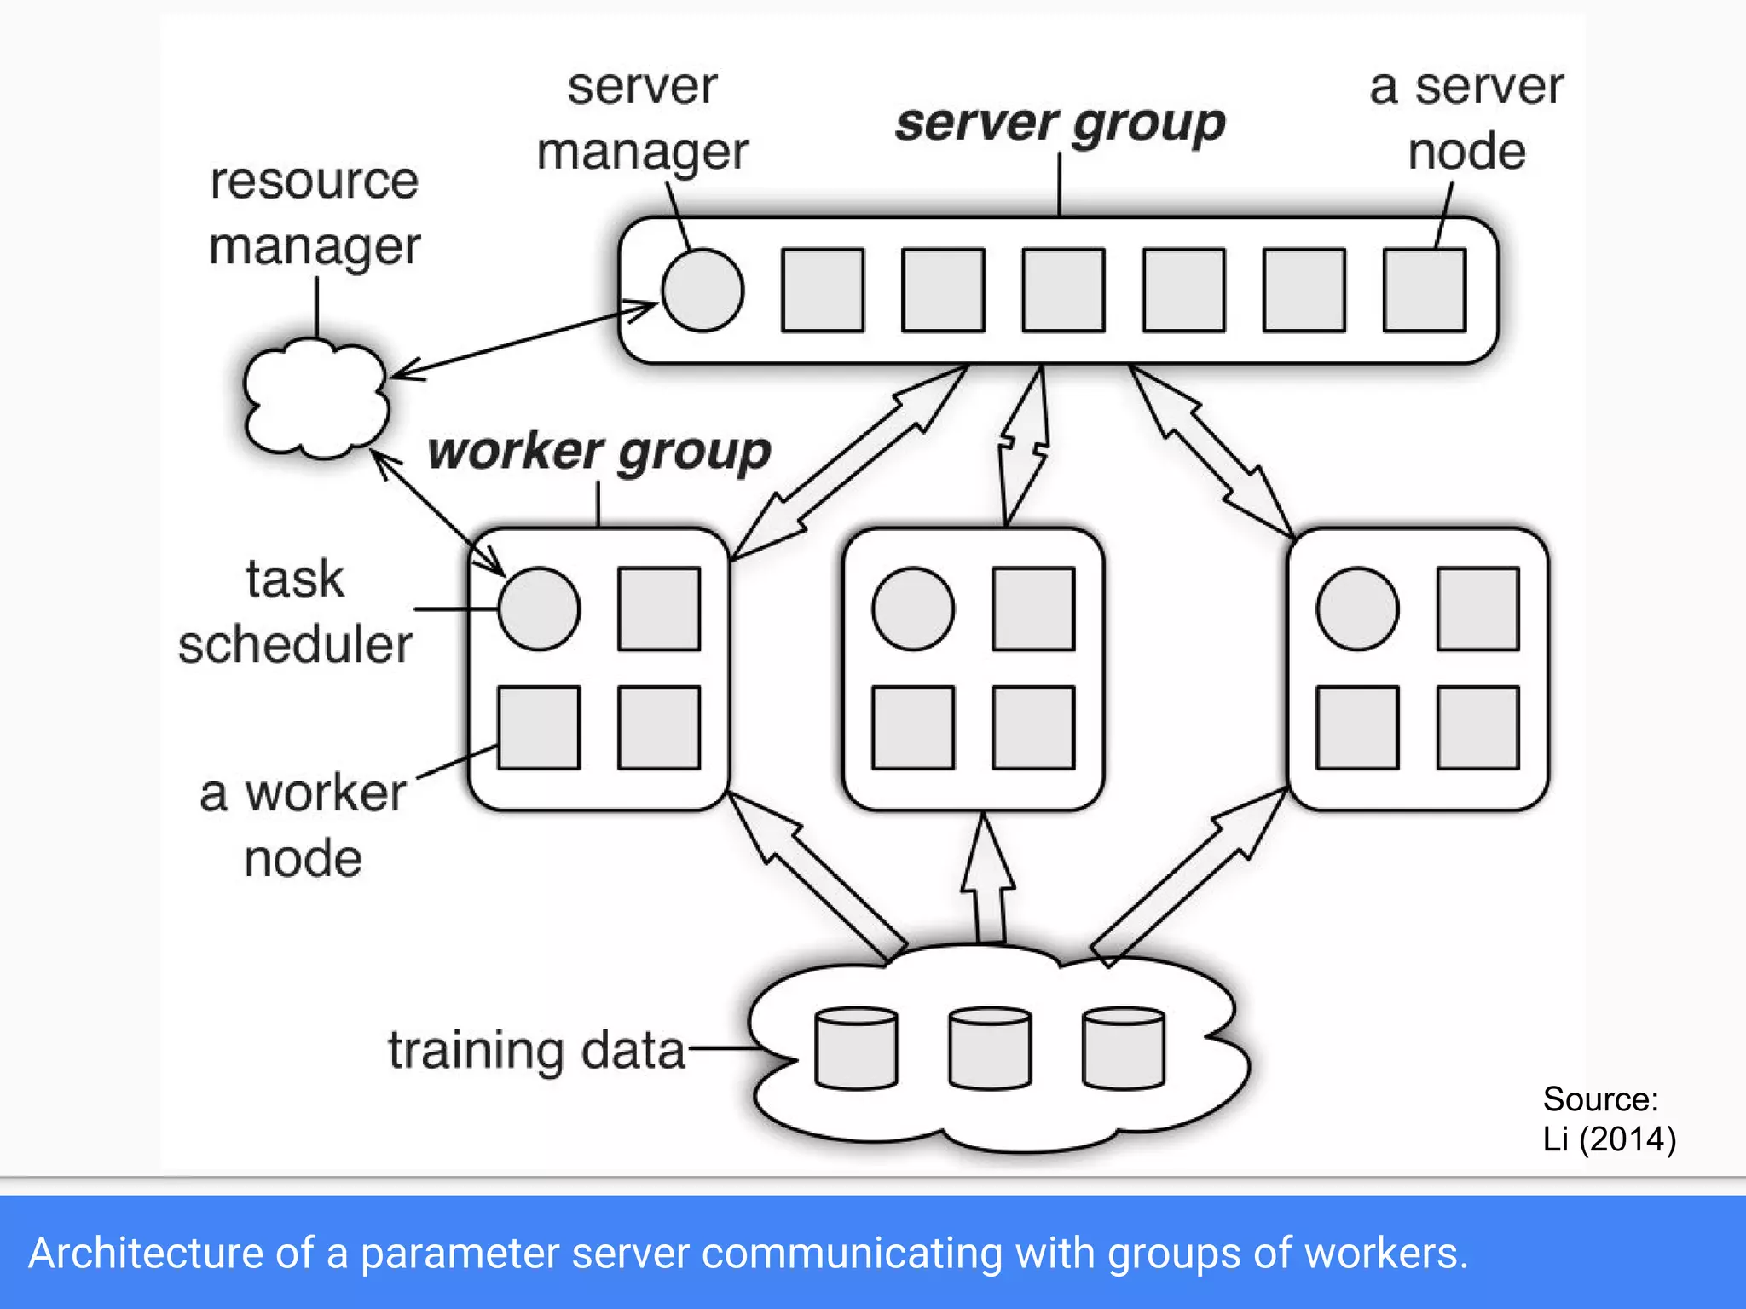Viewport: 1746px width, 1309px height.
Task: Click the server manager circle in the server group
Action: (702, 290)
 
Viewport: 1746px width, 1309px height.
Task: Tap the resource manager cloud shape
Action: (315, 397)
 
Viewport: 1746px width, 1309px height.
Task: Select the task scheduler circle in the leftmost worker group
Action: (539, 608)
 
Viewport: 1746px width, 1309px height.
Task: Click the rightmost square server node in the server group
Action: (1424, 290)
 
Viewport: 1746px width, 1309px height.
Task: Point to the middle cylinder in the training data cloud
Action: (990, 1048)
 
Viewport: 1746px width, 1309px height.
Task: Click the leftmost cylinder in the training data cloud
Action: (855, 1048)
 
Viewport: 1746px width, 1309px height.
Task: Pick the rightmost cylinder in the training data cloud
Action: (1123, 1048)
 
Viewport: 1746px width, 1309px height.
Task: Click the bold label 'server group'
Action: (1060, 124)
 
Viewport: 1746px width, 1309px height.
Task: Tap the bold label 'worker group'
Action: (598, 451)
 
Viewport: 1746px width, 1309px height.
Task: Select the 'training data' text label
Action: (536, 1050)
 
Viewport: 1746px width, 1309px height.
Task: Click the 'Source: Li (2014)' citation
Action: (1607, 1118)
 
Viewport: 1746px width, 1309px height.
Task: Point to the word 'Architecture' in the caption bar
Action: (145, 1253)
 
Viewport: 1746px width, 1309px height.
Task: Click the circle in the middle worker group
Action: (913, 608)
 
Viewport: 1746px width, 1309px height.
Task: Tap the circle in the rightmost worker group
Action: (1357, 608)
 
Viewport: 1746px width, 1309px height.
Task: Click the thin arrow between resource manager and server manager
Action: (524, 339)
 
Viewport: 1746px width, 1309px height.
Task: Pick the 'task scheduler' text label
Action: (295, 611)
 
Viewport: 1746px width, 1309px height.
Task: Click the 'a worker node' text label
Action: (303, 825)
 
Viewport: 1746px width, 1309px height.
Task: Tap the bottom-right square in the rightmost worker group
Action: (1477, 727)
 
